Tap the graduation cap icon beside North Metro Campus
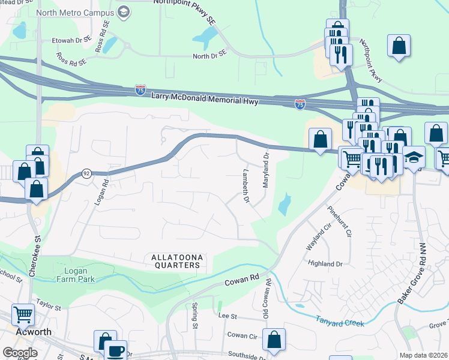coord(124,11)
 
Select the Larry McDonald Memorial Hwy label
coord(203,99)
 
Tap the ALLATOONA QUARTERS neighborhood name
coord(175,261)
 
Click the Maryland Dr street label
coord(265,170)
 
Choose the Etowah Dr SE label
coord(71,37)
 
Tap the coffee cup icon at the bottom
coord(115,350)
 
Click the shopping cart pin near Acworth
coord(23,313)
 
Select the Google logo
coord(20,353)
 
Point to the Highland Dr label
coord(325,263)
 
